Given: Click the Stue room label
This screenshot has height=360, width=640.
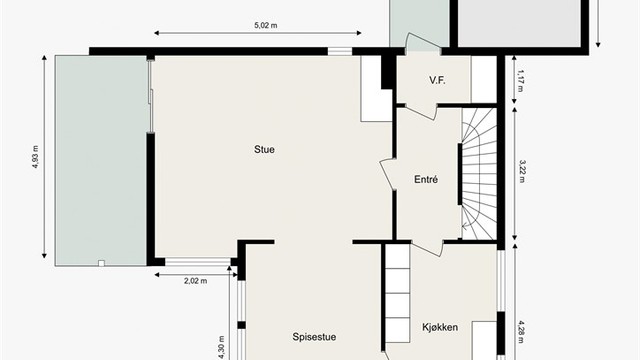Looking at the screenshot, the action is coord(264,149).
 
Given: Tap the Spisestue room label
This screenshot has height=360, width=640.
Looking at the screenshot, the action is coord(314,337).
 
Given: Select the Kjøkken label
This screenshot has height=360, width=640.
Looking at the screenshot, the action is coord(440,327).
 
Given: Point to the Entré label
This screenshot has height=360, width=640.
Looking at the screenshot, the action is coord(426,179).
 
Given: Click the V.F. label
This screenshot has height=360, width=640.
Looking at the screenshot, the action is coord(437,80).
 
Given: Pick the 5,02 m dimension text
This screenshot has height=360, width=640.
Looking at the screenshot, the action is coord(266,25).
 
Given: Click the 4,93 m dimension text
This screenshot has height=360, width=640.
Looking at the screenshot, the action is coord(36,157).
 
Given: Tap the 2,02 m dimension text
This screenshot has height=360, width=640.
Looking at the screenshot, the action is coord(196,281).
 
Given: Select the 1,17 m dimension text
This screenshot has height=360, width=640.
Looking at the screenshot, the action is coord(520,81).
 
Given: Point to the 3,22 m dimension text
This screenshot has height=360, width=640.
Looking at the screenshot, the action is coord(522,171).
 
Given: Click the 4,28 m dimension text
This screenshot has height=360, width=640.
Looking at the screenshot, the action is coord(522,332).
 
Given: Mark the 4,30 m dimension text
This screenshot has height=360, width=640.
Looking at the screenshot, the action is coord(222,348).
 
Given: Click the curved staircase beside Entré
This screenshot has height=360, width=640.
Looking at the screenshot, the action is coord(479,173).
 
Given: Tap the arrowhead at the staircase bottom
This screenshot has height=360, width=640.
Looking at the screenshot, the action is coord(464,225).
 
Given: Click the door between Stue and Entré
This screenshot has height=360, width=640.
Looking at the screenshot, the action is coord(388,174).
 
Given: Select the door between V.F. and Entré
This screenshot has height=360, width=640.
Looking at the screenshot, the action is coord(421,111).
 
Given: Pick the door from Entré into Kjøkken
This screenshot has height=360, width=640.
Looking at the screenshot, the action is coord(427,247).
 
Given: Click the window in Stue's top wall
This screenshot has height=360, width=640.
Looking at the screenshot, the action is coord(340,51).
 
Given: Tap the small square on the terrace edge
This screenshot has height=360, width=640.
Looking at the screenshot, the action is coord(101,263).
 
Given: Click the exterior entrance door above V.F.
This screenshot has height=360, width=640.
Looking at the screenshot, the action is coord(423,44).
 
